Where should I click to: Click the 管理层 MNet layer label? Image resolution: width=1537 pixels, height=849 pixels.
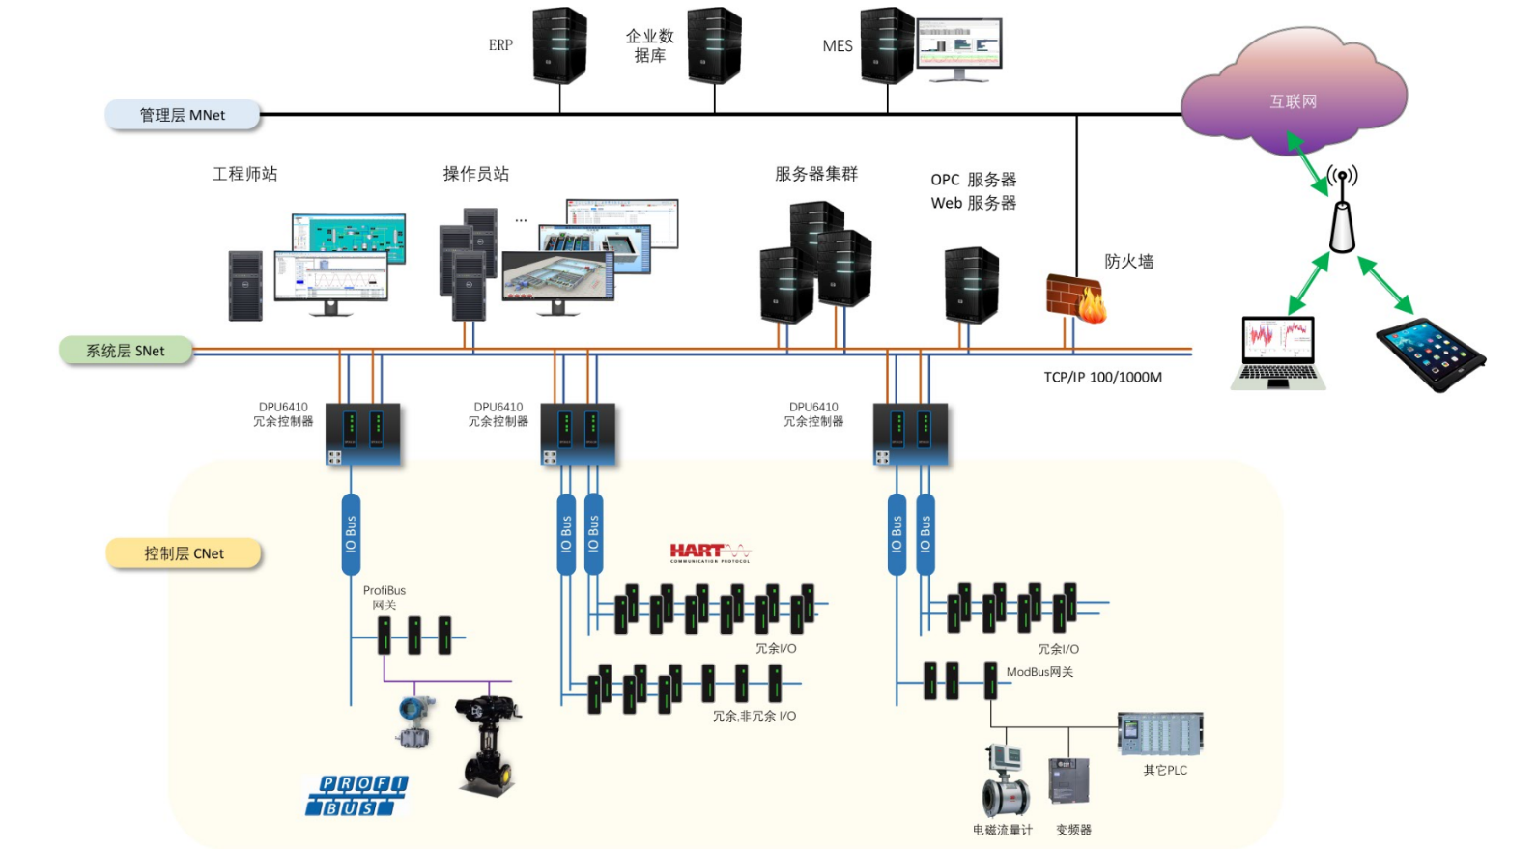pos(183,115)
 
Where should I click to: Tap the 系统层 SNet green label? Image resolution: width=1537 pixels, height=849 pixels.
pos(126,351)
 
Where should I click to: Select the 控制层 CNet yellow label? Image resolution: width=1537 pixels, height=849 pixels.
pos(184,553)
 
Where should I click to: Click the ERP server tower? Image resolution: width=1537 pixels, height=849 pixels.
pos(559,45)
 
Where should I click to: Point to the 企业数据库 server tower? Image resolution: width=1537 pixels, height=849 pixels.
pos(714,45)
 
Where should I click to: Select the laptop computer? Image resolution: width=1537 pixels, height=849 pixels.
pos(1277,354)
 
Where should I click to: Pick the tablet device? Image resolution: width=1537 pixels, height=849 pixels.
pos(1431,354)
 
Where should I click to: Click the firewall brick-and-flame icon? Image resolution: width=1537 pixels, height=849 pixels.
pos(1076,297)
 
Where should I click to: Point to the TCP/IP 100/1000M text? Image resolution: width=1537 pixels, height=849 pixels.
pos(1102,378)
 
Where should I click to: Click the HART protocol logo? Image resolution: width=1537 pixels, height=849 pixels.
pos(710,552)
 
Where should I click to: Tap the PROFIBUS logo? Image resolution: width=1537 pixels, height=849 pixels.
pos(356,795)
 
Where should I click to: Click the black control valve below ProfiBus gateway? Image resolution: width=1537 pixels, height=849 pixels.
pos(489,744)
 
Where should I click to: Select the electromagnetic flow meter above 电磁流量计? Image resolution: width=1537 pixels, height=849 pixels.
pos(1005,780)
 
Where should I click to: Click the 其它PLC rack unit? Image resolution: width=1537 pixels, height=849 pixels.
pos(1160,734)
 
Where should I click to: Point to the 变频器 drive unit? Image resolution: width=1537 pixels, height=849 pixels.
pos(1069,780)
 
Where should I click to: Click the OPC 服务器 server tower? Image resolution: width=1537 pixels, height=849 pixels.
pos(971,285)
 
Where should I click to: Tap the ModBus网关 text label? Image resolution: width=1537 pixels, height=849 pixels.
pos(1039,672)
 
